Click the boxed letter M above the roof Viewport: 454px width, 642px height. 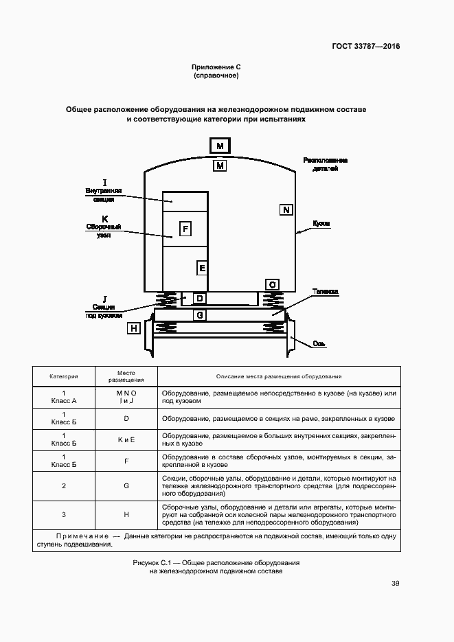tap(220, 146)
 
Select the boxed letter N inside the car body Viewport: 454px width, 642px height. tap(286, 209)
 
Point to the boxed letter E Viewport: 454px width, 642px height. tap(202, 268)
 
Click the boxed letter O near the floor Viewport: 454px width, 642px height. tap(273, 284)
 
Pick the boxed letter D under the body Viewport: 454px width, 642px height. tap(199, 299)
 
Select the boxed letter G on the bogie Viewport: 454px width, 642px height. tap(199, 315)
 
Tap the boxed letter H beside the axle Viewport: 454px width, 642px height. tap(134, 328)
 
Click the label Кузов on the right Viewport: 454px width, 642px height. tap(321, 224)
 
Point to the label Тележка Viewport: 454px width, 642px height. tap(326, 292)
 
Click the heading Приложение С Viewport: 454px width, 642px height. tap(216, 67)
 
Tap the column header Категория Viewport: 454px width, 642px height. tap(64, 377)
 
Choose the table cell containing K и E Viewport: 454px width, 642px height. tap(126, 440)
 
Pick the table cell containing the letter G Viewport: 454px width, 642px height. tap(126, 486)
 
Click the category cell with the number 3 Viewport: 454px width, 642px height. tap(64, 514)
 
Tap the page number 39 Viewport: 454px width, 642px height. tap(395, 584)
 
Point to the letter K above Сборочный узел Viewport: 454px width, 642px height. tap(105, 218)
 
